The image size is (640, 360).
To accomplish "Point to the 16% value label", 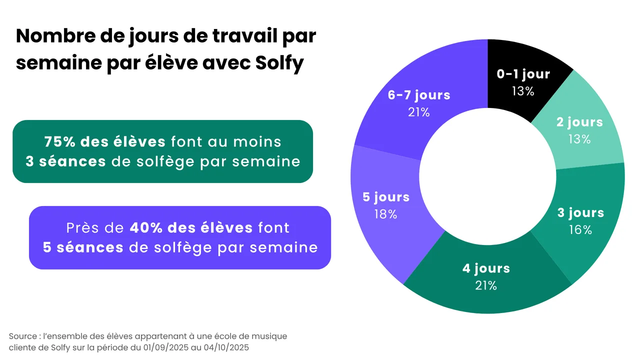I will click(x=580, y=230).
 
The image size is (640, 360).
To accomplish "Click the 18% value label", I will click(x=385, y=214).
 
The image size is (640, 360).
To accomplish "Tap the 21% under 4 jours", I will click(x=485, y=285).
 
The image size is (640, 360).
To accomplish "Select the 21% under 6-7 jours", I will click(x=418, y=112).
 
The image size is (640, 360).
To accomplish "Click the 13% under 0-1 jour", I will click(x=523, y=91).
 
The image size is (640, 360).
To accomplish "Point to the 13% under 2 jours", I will click(x=579, y=139).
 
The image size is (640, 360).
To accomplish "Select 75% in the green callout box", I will click(x=59, y=142).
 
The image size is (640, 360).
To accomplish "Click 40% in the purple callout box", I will click(x=145, y=228).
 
